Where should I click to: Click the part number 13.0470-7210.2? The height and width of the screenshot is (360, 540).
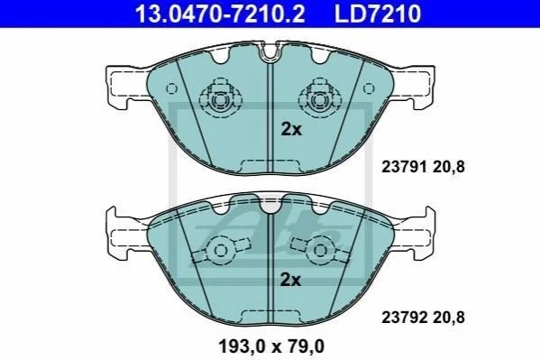220,14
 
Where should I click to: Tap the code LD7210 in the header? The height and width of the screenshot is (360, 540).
378,14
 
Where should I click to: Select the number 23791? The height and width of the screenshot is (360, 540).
404,167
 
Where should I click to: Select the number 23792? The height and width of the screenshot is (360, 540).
404,318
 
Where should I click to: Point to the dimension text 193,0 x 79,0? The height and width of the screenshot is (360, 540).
271,346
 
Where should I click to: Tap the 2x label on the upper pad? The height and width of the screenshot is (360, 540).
291,130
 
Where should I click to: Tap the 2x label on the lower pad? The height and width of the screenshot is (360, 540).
290,280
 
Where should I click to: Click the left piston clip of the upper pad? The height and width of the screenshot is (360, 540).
220,97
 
